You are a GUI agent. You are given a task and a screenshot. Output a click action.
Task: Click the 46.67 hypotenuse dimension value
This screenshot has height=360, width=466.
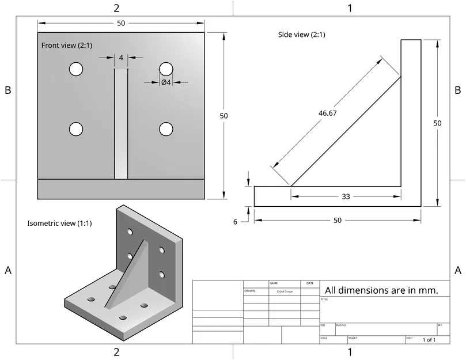327,113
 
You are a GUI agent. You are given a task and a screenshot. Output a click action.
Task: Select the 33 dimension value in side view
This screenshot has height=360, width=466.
346,196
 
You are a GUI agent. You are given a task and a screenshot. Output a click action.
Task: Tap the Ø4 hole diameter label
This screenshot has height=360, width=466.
165,82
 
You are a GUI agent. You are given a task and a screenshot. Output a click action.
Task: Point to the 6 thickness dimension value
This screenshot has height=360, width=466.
235,222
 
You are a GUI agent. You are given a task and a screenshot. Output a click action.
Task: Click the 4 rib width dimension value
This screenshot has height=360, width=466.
121,58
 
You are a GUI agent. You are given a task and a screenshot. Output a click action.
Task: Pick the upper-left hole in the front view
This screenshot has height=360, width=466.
75,69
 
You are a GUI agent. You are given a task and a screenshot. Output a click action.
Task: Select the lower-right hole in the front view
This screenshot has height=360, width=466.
166,129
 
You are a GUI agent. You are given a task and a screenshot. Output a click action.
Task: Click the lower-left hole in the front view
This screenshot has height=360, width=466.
75,129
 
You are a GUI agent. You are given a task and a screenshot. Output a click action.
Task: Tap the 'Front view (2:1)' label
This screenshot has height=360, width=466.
66,46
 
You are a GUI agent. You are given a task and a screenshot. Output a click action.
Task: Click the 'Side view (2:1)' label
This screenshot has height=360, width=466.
301,35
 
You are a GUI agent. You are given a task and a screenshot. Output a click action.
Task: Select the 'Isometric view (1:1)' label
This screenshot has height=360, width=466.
59,223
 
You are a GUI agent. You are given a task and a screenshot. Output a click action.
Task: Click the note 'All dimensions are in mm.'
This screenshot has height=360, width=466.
382,290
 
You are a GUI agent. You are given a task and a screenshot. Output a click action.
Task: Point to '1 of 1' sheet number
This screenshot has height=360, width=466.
429,340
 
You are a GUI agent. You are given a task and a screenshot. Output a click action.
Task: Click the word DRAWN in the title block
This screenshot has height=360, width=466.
249,291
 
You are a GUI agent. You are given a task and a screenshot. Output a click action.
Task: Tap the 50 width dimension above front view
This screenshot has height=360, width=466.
121,23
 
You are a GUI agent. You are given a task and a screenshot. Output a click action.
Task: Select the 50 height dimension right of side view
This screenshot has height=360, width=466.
438,123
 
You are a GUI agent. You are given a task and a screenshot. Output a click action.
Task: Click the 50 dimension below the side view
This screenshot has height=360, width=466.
338,221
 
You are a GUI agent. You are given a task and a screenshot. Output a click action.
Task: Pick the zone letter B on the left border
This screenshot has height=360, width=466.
8,90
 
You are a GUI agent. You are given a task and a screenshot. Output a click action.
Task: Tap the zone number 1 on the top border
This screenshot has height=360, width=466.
350,8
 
